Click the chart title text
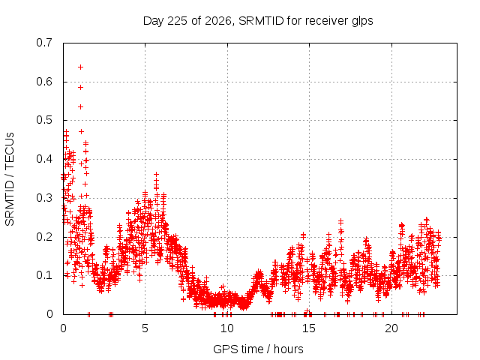point(258,21)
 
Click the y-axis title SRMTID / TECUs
point(10,179)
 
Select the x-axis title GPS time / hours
point(258,349)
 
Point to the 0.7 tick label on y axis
point(44,43)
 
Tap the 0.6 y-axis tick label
point(44,82)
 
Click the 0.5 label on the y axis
point(44,120)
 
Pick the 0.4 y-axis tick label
point(44,159)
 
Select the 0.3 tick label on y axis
point(44,198)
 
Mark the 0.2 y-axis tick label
point(44,237)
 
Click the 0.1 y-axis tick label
point(44,275)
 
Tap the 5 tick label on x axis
point(145,328)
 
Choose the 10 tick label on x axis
point(227,328)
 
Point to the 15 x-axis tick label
point(309,328)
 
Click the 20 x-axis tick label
point(391,328)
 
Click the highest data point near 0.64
point(80,67)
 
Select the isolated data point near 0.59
point(80,87)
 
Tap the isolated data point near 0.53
point(80,106)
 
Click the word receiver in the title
point(327,21)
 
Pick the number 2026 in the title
point(218,21)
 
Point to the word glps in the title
point(362,22)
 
